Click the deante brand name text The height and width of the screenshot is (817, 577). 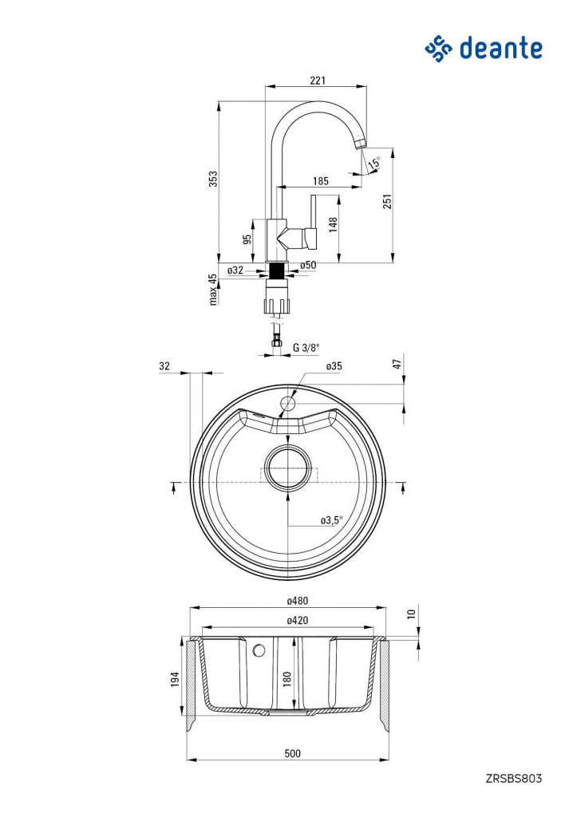tap(501, 49)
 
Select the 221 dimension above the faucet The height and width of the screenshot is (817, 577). tap(318, 81)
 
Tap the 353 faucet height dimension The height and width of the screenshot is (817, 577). tap(214, 179)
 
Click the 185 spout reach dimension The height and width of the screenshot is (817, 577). tap(321, 181)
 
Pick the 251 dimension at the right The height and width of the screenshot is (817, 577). tap(387, 201)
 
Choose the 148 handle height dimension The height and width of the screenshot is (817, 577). tap(333, 223)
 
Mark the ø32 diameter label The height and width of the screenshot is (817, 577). tap(235, 270)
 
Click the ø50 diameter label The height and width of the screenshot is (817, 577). tap(309, 265)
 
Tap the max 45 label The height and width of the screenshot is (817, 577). tap(212, 290)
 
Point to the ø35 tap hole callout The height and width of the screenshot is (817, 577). tap(334, 366)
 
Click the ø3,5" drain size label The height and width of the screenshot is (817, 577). tap(331, 520)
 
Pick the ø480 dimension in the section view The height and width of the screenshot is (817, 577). tap(298, 601)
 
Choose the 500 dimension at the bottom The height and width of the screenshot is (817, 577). tap(293, 753)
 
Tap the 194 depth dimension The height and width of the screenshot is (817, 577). tap(175, 679)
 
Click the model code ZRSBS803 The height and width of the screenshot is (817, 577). tap(514, 779)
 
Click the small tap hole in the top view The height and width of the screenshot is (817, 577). tap(288, 403)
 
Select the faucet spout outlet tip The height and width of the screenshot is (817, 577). tap(360, 145)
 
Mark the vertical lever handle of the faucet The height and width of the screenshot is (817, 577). tap(314, 212)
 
